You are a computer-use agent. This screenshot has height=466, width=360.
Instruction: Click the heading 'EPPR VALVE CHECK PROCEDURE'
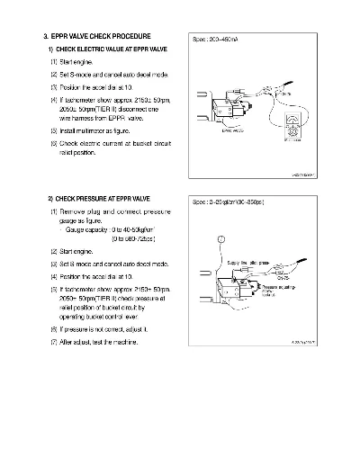103,35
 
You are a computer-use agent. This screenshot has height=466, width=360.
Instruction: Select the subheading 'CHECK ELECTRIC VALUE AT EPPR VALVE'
107,48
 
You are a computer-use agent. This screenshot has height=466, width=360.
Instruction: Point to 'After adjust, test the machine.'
98,343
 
